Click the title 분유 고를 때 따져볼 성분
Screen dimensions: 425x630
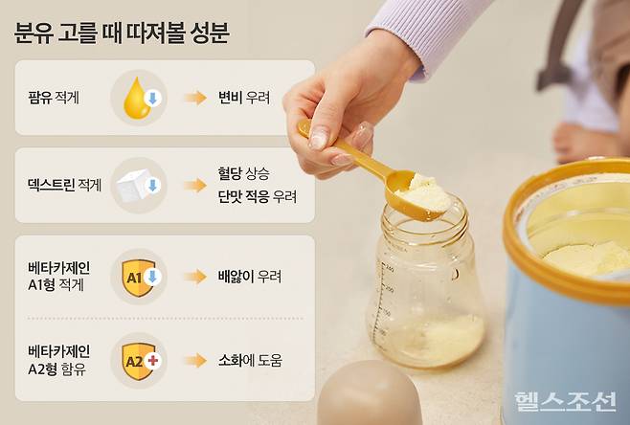coord(122,34)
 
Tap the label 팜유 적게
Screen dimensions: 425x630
coord(56,98)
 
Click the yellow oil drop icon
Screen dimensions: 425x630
coord(140,98)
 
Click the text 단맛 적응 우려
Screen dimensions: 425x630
coord(257,196)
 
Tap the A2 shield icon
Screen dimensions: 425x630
coord(140,361)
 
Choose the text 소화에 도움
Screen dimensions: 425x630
coord(251,361)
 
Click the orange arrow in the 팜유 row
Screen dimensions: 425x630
coord(195,98)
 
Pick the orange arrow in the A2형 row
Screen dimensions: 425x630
coord(195,361)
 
